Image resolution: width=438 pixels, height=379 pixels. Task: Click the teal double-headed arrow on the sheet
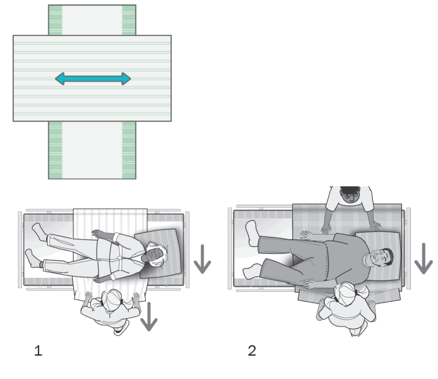[x=93, y=79]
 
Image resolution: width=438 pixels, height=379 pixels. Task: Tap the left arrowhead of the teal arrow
[x=59, y=79]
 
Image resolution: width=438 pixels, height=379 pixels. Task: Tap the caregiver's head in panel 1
[x=114, y=299]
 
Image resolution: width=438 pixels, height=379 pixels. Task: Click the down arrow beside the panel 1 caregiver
[x=148, y=316]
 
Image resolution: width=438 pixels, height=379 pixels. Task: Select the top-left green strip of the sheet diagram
[x=55, y=20]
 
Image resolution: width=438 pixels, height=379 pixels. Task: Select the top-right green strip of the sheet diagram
[x=129, y=20]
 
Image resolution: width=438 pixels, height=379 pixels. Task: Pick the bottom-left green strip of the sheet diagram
[x=55, y=150]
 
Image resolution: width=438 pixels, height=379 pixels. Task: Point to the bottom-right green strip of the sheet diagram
[x=129, y=150]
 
